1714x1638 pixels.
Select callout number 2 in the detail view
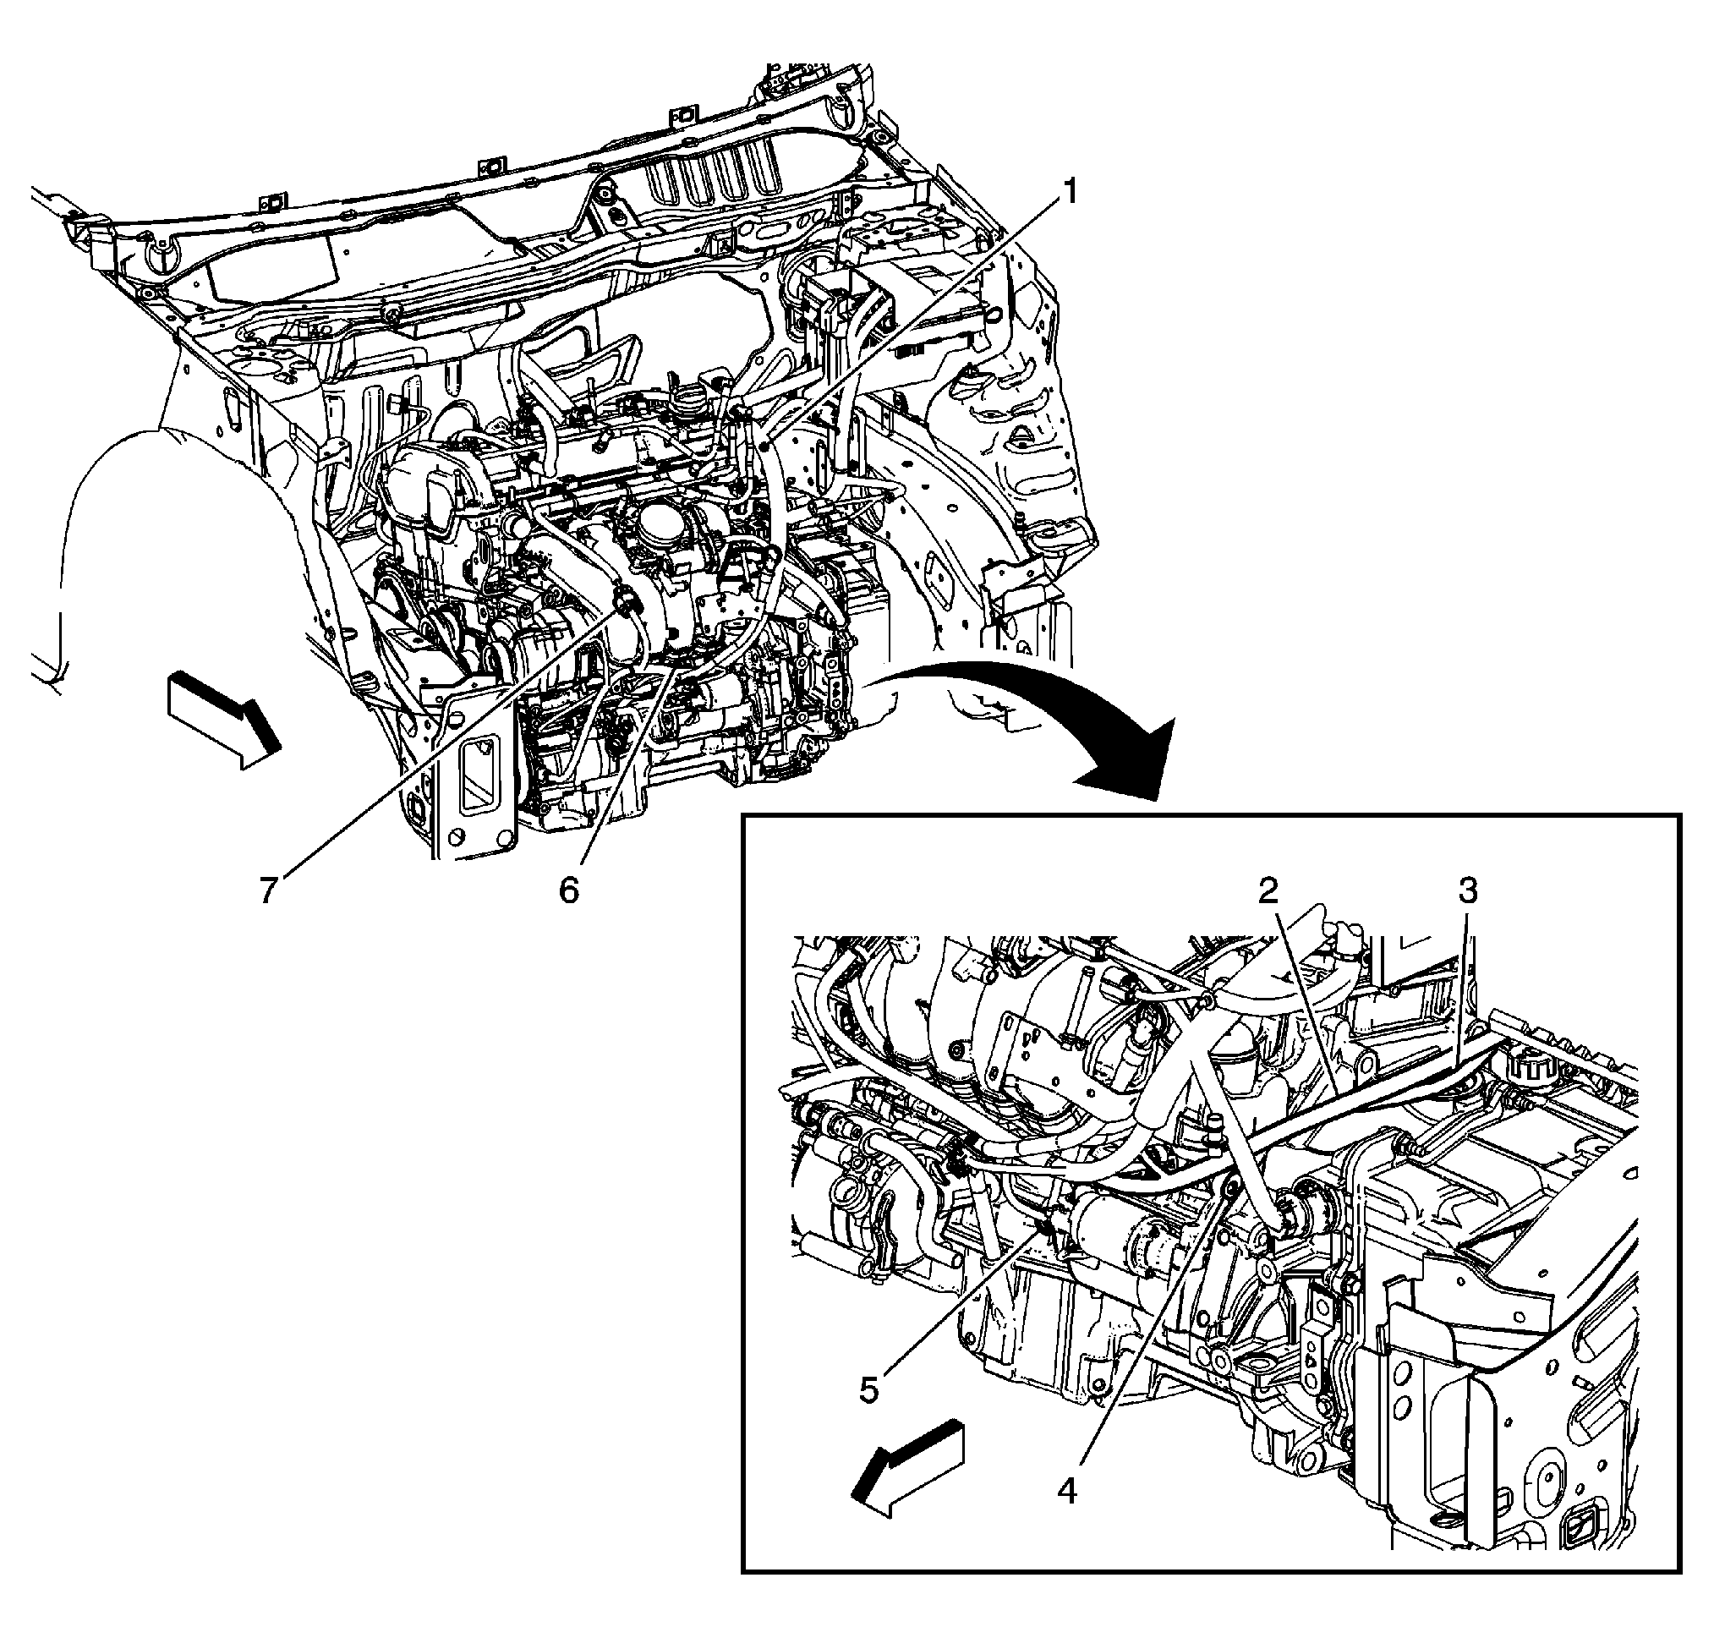[1268, 890]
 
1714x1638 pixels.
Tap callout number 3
[1468, 891]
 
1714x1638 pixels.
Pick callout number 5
[868, 1389]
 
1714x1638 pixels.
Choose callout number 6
[568, 890]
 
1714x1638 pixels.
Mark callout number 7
[268, 890]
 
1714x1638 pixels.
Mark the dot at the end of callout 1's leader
[763, 446]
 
